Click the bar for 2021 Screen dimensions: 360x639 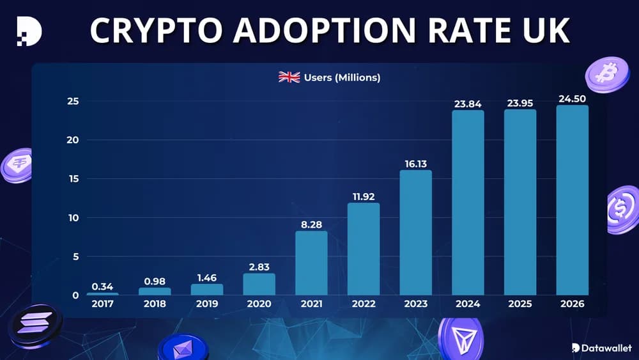(311, 263)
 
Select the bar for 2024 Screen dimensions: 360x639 (468, 203)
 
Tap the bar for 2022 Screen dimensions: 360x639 (364, 249)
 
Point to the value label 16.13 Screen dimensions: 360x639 (415, 164)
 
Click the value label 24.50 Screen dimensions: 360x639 (572, 99)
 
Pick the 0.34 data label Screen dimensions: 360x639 (102, 286)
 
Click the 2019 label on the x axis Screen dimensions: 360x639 (207, 304)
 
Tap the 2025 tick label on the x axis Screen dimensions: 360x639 (520, 304)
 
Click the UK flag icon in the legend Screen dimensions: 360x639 (289, 77)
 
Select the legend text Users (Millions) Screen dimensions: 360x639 (342, 77)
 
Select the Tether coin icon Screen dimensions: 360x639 (16, 166)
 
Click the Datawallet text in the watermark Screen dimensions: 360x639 (606, 348)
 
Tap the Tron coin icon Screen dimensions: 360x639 (460, 338)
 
